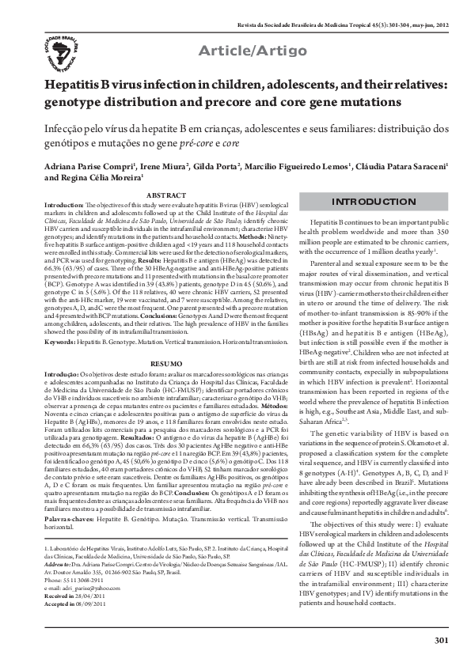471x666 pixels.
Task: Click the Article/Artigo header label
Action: [x=251, y=51]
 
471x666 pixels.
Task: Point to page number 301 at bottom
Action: [x=443, y=639]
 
